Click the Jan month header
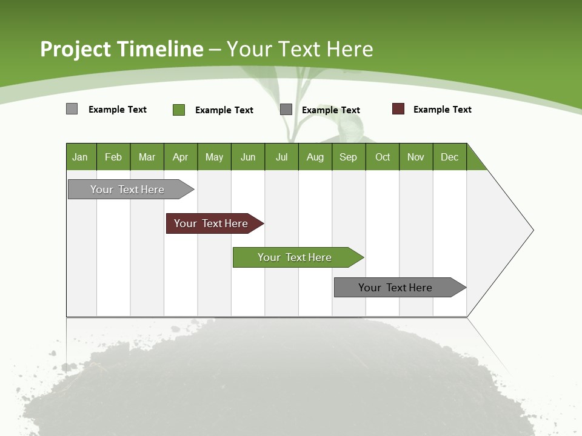[x=81, y=157]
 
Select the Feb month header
[x=113, y=157]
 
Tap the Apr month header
[x=181, y=157]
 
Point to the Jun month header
[x=248, y=157]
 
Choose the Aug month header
[x=315, y=157]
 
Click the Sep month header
[x=349, y=157]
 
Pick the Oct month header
[x=383, y=157]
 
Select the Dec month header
[x=450, y=157]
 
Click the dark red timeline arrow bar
[x=212, y=223]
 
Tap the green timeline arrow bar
[x=295, y=257]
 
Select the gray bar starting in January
[x=128, y=190]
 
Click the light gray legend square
[x=72, y=109]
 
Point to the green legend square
[x=179, y=110]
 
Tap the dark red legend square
[x=398, y=109]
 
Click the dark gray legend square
[x=286, y=110]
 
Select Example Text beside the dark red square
[x=443, y=110]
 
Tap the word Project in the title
[x=75, y=49]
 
